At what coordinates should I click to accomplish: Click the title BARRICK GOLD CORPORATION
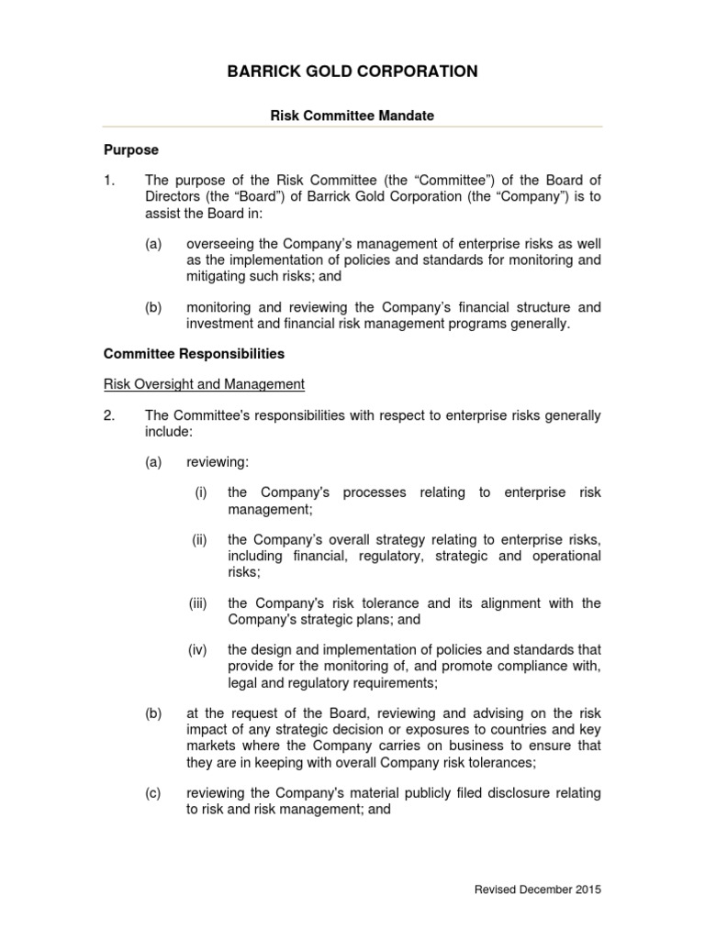pos(352,72)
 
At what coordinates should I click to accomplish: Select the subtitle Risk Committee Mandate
pos(352,116)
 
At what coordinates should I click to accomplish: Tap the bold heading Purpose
pos(131,149)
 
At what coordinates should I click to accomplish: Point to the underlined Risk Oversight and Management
pos(204,384)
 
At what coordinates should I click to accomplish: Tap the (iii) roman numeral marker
pos(198,602)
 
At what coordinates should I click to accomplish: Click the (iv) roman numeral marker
pos(198,650)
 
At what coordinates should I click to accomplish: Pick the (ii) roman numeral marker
pos(199,540)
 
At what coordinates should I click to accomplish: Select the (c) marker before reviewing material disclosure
pos(152,793)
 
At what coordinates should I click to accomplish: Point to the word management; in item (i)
pos(270,509)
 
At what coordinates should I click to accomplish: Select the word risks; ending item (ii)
pos(244,571)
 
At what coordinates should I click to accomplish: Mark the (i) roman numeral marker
pos(200,492)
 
